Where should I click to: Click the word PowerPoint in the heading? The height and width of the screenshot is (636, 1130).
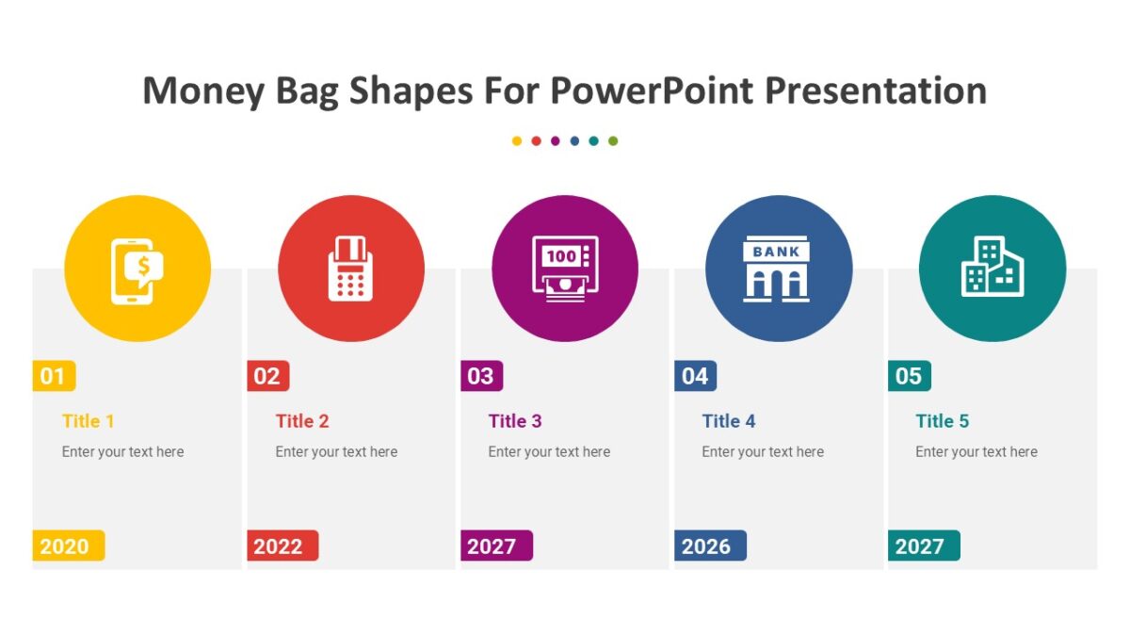click(x=652, y=91)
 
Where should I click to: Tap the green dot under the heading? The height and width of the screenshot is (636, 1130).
click(x=613, y=141)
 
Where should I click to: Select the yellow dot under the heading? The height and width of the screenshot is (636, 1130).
click(x=517, y=141)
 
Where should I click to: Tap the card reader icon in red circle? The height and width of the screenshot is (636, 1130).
click(x=350, y=269)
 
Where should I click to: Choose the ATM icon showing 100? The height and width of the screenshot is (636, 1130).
click(x=565, y=269)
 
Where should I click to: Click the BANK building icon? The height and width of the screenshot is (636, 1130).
click(x=777, y=269)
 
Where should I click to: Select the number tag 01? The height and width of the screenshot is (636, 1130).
click(x=54, y=377)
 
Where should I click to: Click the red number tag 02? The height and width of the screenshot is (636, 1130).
click(x=267, y=377)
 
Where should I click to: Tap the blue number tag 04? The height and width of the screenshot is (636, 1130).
click(x=695, y=377)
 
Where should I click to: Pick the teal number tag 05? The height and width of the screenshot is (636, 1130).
click(x=909, y=377)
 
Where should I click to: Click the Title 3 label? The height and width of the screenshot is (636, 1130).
click(x=515, y=421)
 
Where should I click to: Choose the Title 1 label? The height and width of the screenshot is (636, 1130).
click(x=89, y=421)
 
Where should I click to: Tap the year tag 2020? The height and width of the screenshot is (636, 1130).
click(x=67, y=546)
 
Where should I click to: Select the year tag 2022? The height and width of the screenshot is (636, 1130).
click(x=281, y=546)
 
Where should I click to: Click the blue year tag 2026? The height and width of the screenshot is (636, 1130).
click(x=708, y=546)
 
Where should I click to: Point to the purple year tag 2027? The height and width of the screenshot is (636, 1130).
click(x=494, y=546)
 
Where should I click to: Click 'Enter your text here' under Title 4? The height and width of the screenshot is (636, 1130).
click(x=763, y=452)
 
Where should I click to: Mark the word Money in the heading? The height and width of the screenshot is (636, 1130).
click(x=202, y=91)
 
